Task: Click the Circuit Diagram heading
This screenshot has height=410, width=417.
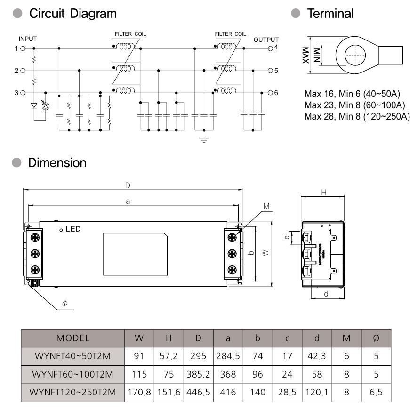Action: [72, 14]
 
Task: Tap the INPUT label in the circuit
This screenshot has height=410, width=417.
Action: [27, 39]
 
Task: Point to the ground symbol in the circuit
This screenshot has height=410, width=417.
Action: [203, 139]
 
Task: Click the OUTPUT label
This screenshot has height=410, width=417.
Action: [266, 40]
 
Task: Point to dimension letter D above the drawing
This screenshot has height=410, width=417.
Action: [128, 185]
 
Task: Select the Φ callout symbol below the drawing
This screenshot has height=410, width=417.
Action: [64, 304]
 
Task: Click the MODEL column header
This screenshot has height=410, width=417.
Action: [72, 338]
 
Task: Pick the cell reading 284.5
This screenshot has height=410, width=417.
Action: [228, 356]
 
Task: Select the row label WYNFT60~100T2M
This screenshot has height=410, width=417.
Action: [72, 374]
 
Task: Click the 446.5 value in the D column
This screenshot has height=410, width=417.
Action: [198, 392]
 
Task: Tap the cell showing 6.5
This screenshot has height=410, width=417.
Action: [376, 392]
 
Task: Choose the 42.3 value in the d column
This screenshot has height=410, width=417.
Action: [317, 356]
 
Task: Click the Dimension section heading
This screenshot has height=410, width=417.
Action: [57, 163]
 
